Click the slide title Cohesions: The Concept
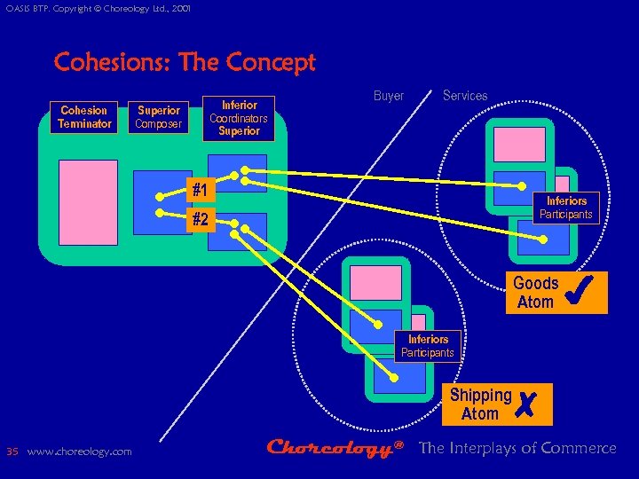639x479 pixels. (185, 63)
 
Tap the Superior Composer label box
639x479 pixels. (159, 117)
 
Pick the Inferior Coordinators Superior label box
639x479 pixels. (238, 118)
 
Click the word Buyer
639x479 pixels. (389, 96)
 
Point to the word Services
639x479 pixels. (465, 96)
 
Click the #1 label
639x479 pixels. (201, 191)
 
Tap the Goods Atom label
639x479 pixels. (535, 293)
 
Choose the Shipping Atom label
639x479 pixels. (480, 404)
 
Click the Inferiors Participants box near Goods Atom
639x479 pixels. (565, 208)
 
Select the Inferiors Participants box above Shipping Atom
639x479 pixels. (428, 346)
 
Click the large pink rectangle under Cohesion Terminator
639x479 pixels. (88, 201)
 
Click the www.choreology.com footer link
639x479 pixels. (80, 452)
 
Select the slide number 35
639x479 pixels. (12, 452)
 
